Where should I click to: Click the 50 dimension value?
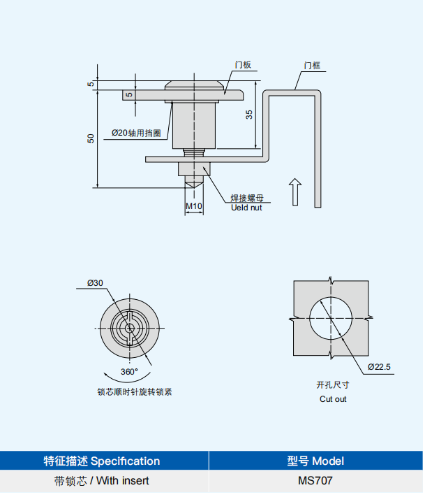click(x=90, y=138)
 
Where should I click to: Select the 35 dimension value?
click(x=249, y=115)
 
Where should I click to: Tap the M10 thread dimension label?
click(x=193, y=206)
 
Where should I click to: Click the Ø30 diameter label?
click(x=96, y=283)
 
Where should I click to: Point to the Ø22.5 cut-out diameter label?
click(x=380, y=366)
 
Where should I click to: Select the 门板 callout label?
click(x=243, y=65)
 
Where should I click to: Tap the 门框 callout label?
click(x=312, y=65)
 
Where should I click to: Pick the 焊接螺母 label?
click(x=247, y=198)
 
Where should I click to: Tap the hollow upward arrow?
click(x=295, y=192)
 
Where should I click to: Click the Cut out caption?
click(x=333, y=399)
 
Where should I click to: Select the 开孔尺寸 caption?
click(x=333, y=385)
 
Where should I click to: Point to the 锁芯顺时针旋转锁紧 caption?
click(x=135, y=392)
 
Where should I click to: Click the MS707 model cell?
click(x=315, y=481)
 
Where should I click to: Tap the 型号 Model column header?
click(x=315, y=461)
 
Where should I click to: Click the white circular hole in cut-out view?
click(x=331, y=319)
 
